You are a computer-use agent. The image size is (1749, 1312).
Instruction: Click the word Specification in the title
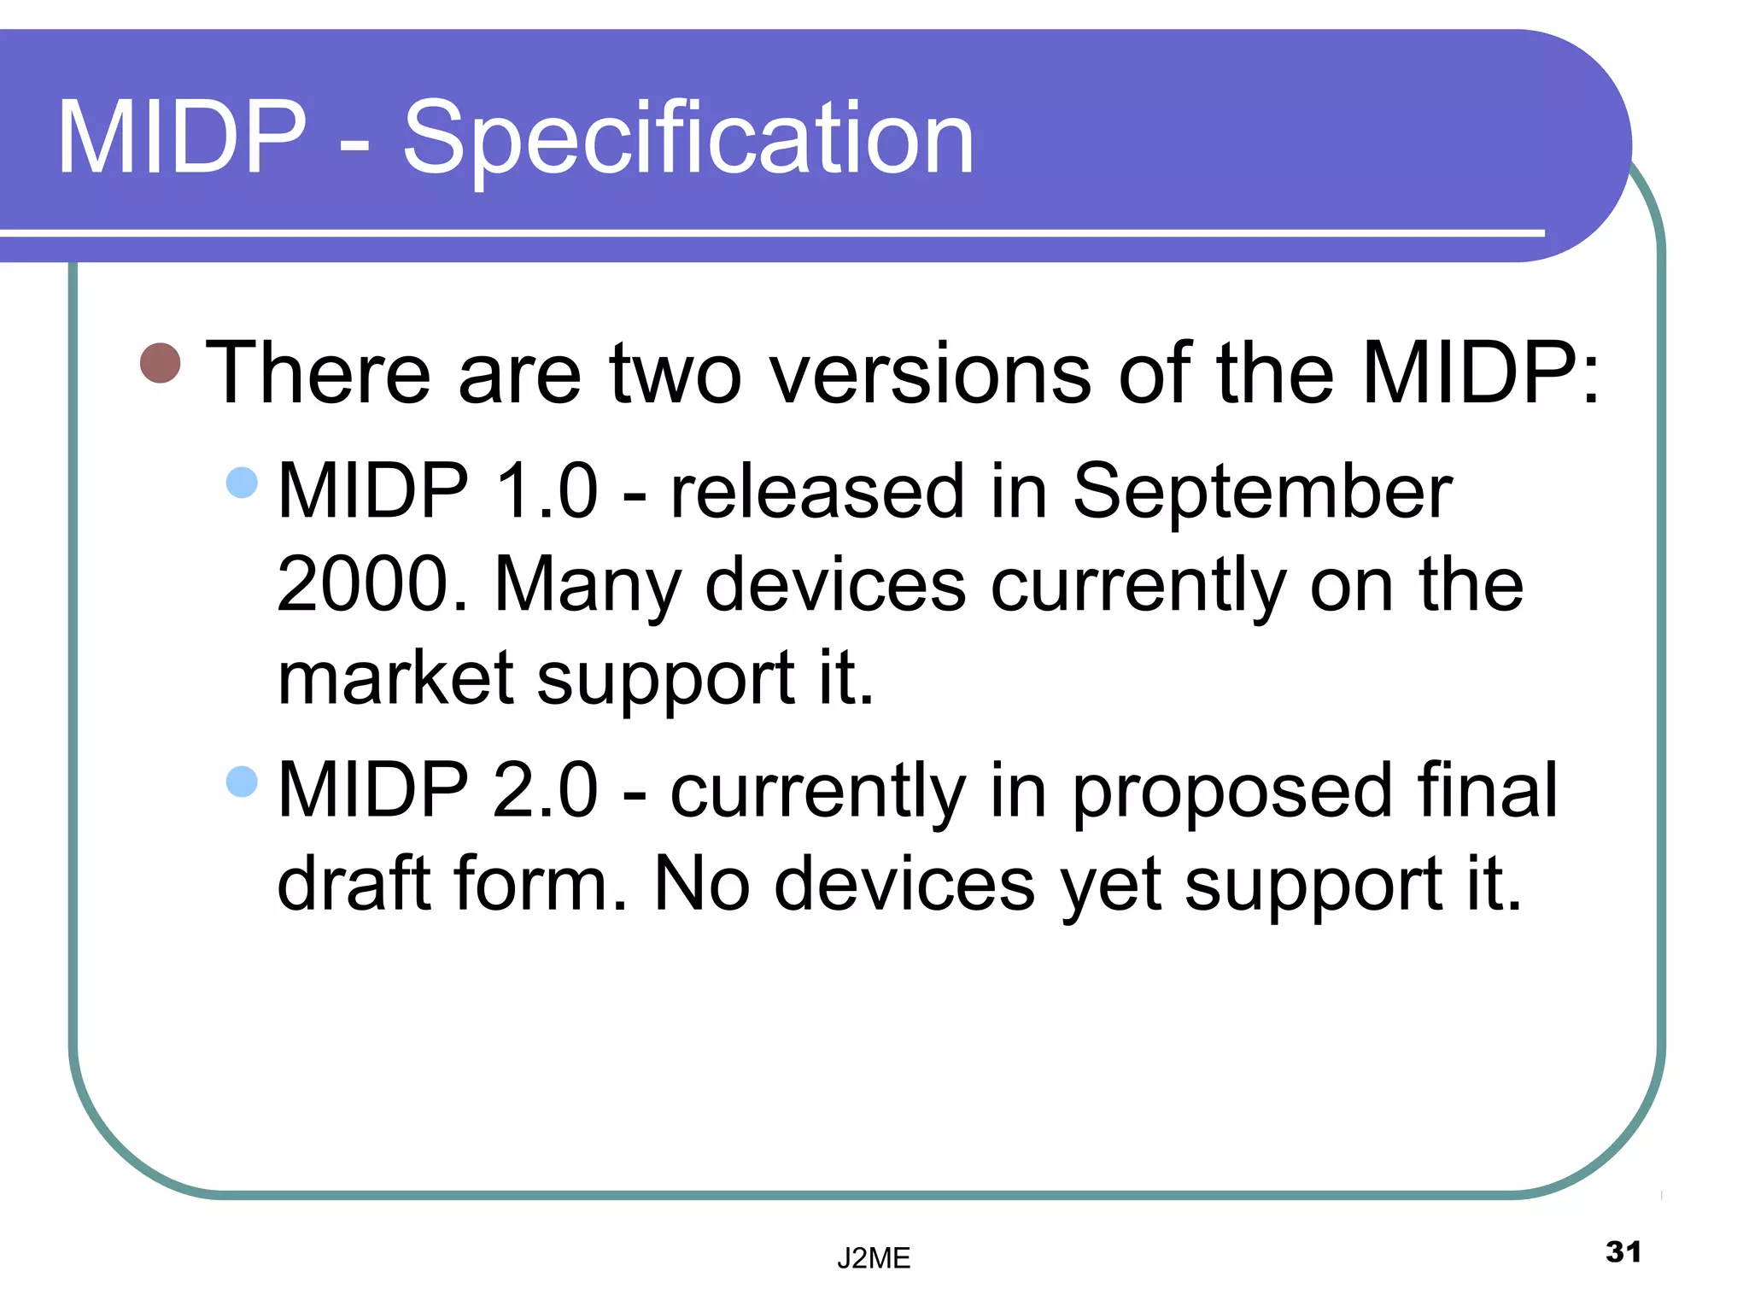[x=688, y=138]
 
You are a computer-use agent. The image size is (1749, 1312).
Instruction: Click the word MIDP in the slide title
[x=182, y=138]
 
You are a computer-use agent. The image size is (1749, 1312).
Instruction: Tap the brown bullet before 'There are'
[x=161, y=363]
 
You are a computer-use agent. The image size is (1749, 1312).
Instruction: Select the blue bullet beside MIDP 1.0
[x=243, y=483]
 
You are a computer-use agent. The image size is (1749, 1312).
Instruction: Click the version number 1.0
[x=547, y=491]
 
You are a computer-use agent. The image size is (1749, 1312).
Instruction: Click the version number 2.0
[x=547, y=790]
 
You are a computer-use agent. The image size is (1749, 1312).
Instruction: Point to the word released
[x=817, y=491]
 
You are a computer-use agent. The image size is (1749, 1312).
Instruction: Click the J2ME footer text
[x=874, y=1258]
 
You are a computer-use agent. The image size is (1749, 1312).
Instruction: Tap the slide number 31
[x=1623, y=1252]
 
